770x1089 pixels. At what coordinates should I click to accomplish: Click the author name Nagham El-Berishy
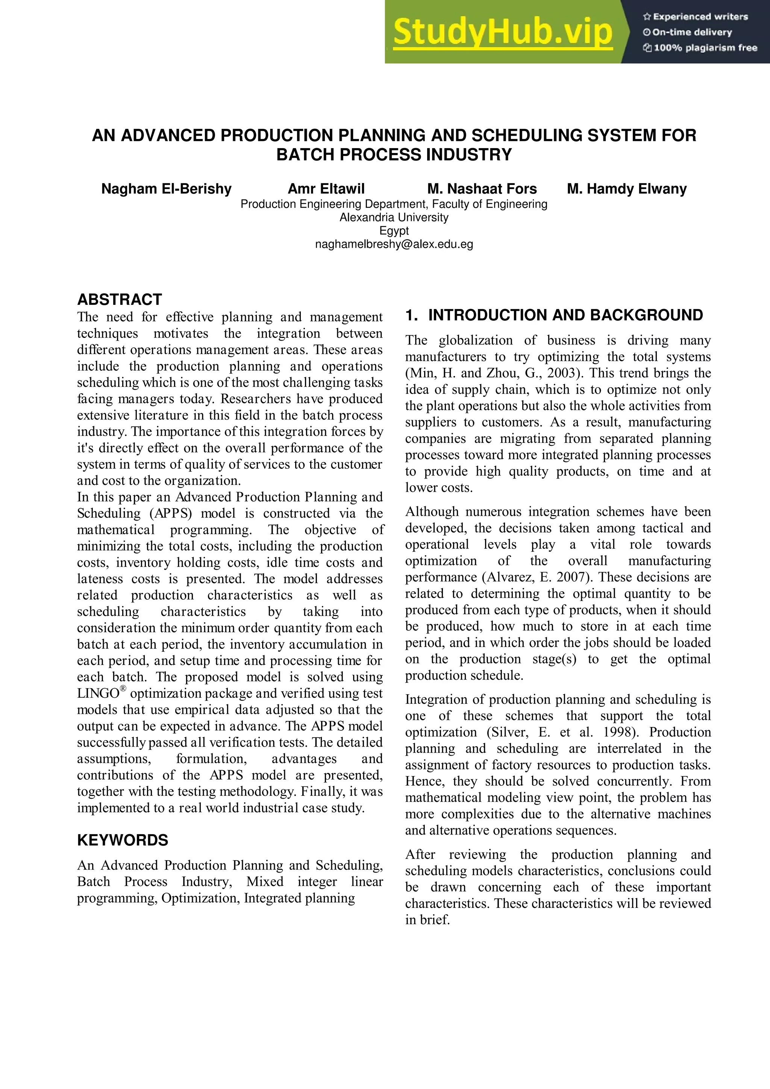click(166, 189)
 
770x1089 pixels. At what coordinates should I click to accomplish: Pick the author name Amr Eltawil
click(326, 189)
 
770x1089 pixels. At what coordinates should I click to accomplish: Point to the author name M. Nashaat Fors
click(482, 189)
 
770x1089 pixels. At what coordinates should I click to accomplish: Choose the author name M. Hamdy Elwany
click(626, 189)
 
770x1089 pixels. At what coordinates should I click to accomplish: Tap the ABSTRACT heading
click(120, 299)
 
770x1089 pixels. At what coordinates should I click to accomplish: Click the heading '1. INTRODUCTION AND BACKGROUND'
click(554, 315)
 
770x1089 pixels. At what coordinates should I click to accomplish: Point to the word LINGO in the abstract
click(98, 694)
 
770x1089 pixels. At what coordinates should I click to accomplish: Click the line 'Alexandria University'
click(394, 217)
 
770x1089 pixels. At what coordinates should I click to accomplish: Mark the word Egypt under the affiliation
click(394, 231)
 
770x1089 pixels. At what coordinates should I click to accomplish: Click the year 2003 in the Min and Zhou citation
click(563, 373)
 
